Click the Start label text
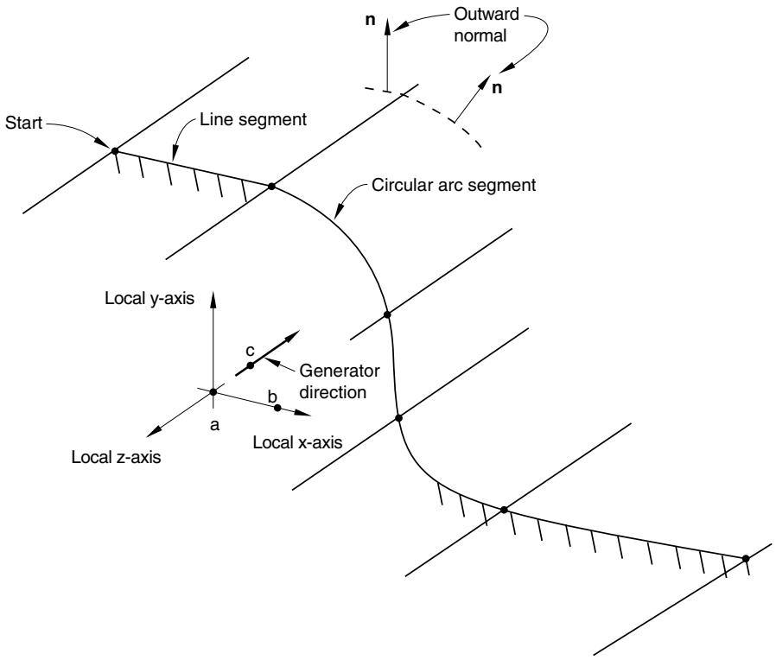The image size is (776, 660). (x=23, y=123)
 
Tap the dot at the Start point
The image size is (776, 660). (x=115, y=150)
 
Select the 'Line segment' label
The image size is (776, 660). (x=253, y=120)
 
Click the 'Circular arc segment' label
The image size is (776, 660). (x=454, y=185)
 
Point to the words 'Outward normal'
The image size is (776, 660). (x=486, y=25)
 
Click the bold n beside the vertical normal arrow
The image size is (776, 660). (x=370, y=21)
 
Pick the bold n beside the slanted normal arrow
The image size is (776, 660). (x=497, y=88)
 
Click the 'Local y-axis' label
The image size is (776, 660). (x=149, y=298)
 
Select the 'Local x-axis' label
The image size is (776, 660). (x=297, y=442)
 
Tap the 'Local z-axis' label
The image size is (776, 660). (x=117, y=457)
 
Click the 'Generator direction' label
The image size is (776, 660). (x=340, y=382)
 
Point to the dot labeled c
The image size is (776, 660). (x=250, y=365)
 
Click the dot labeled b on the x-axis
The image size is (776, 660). (x=277, y=408)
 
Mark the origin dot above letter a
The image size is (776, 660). (x=213, y=392)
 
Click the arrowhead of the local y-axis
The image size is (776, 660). (x=213, y=300)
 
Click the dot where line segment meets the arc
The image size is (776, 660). (x=271, y=187)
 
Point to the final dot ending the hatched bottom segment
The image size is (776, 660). (x=746, y=558)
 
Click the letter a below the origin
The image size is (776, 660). (x=215, y=424)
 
